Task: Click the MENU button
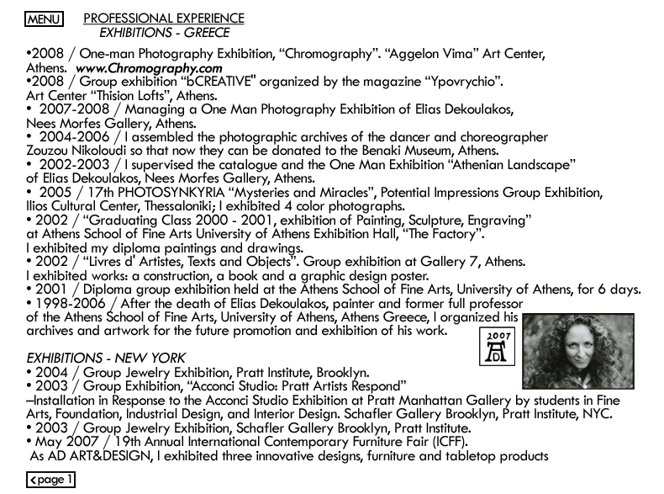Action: coord(45,19)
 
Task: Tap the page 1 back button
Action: coord(50,480)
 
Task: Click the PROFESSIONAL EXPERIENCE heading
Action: coord(164,18)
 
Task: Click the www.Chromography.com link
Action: coord(149,68)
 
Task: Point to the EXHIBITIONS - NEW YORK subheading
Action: coord(106,358)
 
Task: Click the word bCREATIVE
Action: coord(219,82)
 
